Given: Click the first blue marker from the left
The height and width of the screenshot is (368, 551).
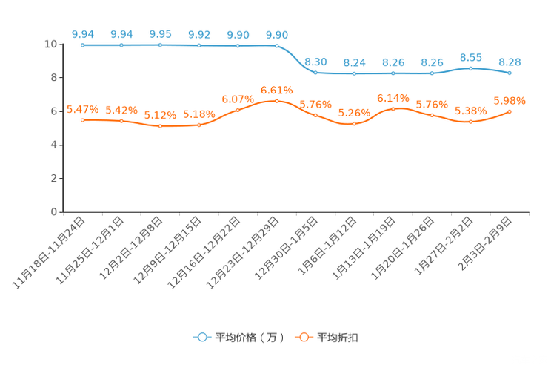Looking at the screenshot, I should [82, 45].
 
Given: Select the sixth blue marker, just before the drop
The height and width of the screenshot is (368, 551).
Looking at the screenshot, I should [276, 45].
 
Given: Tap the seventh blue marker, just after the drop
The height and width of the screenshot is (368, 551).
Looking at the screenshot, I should [315, 72].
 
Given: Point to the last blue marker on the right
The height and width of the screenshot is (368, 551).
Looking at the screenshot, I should [510, 73].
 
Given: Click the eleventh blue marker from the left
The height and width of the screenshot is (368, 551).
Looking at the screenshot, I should [470, 68].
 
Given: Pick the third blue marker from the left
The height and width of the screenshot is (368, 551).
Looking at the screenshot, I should [160, 45].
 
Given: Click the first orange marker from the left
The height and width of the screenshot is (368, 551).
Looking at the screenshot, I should [82, 120].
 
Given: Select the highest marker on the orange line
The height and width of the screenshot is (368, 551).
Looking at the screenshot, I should [276, 101].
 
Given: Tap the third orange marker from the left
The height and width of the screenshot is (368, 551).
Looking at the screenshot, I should [160, 126].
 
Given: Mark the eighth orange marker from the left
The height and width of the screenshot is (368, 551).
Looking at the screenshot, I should [354, 124].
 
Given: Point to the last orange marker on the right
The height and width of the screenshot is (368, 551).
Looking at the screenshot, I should [510, 111].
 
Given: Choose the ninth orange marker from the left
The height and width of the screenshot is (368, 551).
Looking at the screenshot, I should [393, 109].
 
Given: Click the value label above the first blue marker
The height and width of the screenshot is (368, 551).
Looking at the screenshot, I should [82, 34].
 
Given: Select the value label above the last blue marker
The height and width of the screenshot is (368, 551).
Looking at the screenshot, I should [510, 62].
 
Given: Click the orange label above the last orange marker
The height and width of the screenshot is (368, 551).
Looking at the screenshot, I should [510, 101].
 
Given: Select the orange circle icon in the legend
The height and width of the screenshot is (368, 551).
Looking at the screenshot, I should [304, 337].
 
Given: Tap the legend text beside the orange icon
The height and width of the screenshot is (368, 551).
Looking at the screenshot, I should [338, 338].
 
